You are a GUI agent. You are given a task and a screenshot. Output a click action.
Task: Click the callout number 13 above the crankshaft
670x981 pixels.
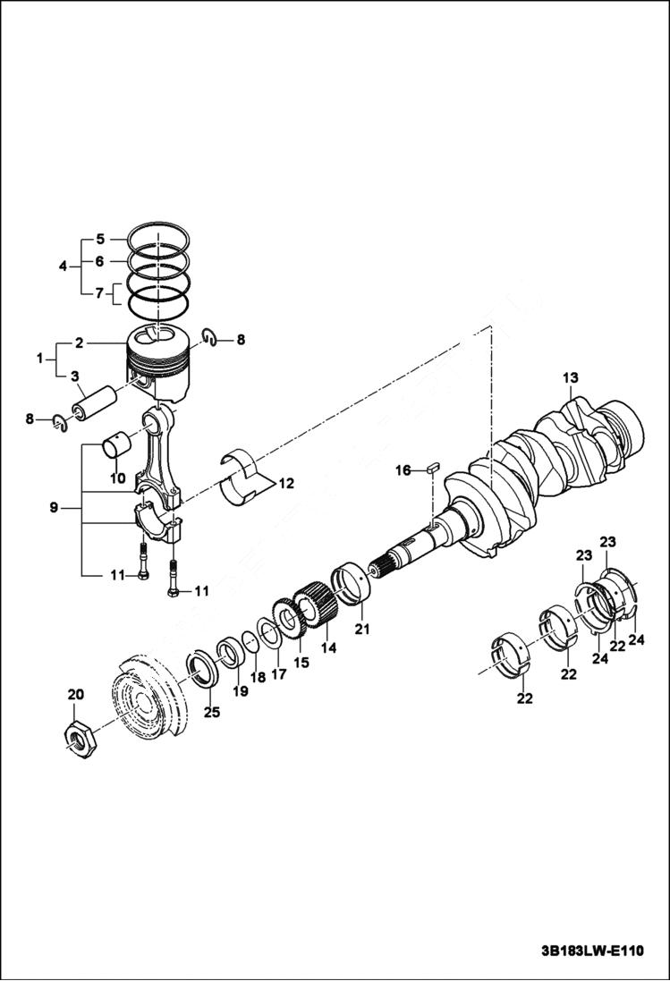[x=571, y=378]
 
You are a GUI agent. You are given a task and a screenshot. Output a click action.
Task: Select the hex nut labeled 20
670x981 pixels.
[x=81, y=738]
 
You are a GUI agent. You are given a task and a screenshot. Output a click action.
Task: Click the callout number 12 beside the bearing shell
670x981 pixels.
[x=285, y=484]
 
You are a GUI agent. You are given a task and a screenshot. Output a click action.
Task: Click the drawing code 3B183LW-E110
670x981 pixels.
[x=591, y=951]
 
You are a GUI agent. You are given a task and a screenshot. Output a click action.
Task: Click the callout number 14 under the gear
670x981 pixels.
[x=328, y=646]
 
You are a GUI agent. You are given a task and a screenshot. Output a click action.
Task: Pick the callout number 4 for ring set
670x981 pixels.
[x=63, y=266]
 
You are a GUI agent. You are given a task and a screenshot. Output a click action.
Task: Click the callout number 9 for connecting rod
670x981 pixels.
[x=55, y=508]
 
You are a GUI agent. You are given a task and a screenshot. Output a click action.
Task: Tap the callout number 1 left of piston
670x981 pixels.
[x=39, y=359]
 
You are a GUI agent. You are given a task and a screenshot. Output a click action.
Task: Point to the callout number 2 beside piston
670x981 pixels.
[x=80, y=343]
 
